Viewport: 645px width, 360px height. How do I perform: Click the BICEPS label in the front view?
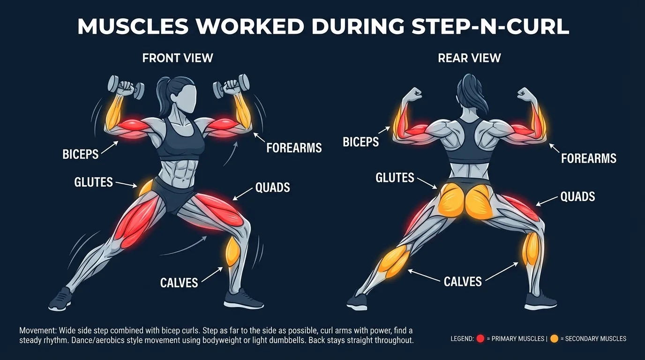pos(81,154)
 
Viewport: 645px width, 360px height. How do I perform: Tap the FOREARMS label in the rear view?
pos(589,158)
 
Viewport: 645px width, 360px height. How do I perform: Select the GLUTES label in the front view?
pos(94,182)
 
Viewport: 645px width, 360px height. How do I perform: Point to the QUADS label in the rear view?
pos(577,196)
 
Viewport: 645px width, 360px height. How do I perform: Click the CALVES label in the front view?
pos(179,282)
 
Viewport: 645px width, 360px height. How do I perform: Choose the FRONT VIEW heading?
pos(178,58)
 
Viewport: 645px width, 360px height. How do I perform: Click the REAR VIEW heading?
pos(469,58)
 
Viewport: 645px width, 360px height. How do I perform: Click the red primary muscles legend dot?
pos(480,339)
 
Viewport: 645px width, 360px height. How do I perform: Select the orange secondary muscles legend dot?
pos(554,339)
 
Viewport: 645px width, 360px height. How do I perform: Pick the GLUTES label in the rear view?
pos(395,178)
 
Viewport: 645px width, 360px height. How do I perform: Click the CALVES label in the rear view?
pos(463,281)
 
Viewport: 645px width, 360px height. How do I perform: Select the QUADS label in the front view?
pos(272,188)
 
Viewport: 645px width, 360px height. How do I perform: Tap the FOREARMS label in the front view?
pos(294,148)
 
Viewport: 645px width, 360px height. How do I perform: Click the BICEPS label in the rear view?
pos(360,142)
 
